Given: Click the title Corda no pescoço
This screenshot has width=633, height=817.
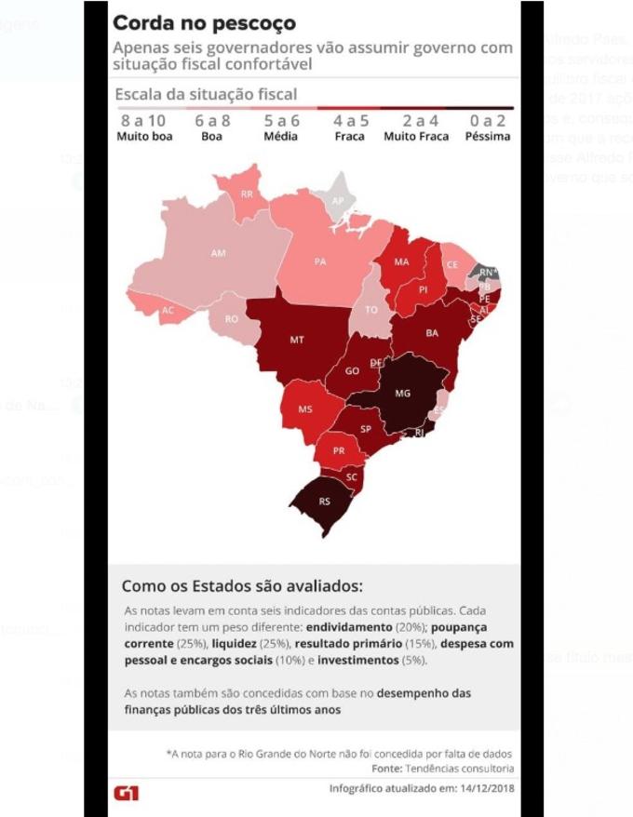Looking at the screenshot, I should pos(204,21).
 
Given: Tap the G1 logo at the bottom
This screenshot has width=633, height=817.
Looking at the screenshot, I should pos(126,792).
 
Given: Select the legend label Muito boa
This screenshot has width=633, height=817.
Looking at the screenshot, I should pos(144,136).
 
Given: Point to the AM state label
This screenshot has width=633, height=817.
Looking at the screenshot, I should pos(219,253).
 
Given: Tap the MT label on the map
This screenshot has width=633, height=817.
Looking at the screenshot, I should pos(296,341).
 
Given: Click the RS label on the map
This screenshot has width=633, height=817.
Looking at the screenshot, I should pos(324,502).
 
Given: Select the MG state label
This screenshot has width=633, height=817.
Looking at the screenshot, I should pos(402,394).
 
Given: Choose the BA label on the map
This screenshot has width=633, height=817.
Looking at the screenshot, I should pos(432,332).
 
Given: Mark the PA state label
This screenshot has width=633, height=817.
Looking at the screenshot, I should pos(320,261).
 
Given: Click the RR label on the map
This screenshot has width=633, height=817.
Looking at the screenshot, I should pos(247,194).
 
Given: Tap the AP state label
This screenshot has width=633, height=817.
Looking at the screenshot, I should pos(338,200).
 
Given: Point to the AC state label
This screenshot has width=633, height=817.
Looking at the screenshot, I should pos(168,310).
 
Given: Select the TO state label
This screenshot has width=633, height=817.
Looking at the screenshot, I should pos(371,310).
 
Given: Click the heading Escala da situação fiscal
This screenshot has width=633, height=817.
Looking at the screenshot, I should pos(206,94).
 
